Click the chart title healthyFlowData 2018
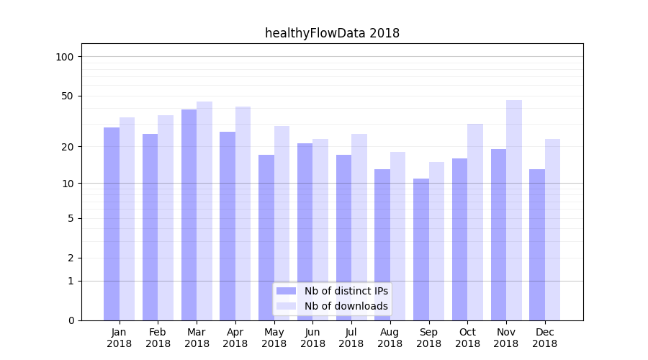tap(332, 33)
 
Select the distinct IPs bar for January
tap(112, 223)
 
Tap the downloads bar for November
tap(513, 210)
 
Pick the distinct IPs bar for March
tap(189, 215)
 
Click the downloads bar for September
tap(436, 240)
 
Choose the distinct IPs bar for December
tap(537, 244)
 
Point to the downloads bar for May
tap(282, 222)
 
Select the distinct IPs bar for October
tap(459, 239)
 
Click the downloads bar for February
tap(166, 217)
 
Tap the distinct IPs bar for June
tap(305, 231)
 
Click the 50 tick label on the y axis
tap(68, 96)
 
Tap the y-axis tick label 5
tap(71, 218)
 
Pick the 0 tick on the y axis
tap(71, 320)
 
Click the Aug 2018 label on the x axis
tap(390, 338)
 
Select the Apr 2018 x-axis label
tap(235, 338)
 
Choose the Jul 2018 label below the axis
tap(351, 338)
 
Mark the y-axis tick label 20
tap(68, 147)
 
